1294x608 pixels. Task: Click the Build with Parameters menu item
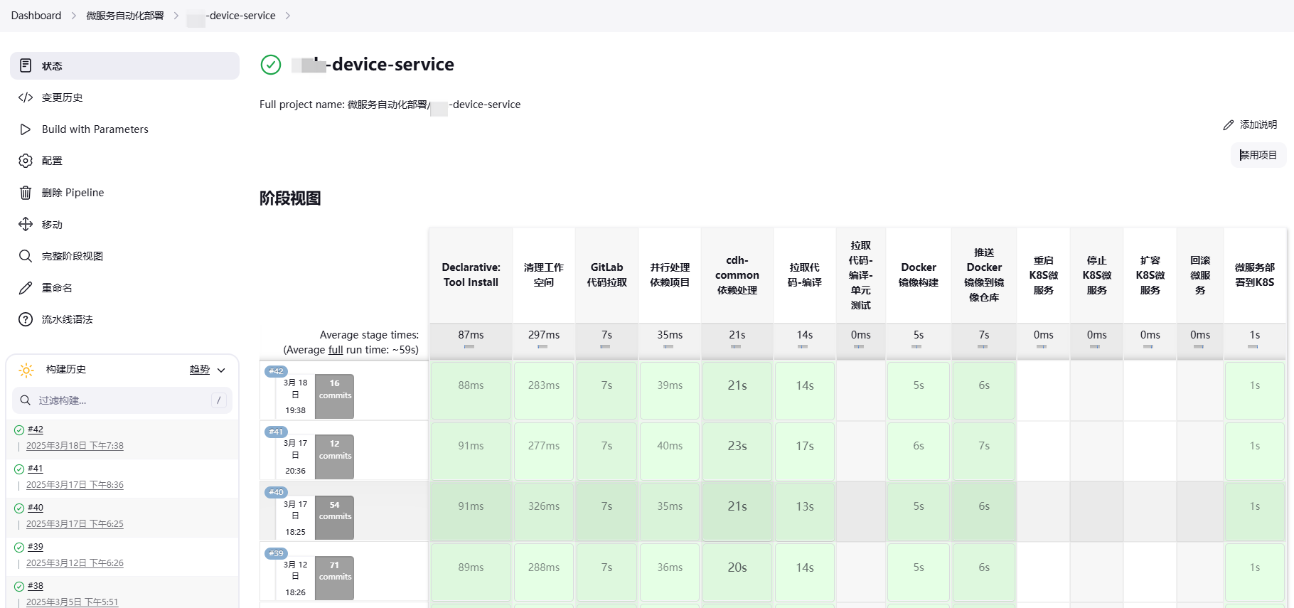point(95,129)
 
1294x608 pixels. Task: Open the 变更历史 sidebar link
point(62,97)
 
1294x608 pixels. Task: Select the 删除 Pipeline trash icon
point(26,193)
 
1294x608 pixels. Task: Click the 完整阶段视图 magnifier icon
point(26,256)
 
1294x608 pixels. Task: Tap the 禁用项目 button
point(1258,155)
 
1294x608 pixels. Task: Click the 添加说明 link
point(1251,124)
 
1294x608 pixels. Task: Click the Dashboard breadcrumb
point(36,16)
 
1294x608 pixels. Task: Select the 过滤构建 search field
point(121,400)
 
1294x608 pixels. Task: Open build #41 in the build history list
point(36,469)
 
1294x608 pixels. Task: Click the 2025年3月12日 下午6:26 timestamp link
point(75,563)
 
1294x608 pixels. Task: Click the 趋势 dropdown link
point(200,370)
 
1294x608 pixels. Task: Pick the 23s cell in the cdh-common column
point(737,446)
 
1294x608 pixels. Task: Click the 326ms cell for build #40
point(543,506)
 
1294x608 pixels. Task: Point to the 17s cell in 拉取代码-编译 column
point(804,446)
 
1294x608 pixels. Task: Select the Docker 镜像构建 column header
point(918,275)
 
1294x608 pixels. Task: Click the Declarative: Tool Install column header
point(471,275)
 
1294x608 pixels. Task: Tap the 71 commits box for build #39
point(334,571)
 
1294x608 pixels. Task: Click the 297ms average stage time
point(543,335)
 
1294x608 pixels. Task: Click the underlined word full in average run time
point(336,350)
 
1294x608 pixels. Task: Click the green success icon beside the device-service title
point(271,65)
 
